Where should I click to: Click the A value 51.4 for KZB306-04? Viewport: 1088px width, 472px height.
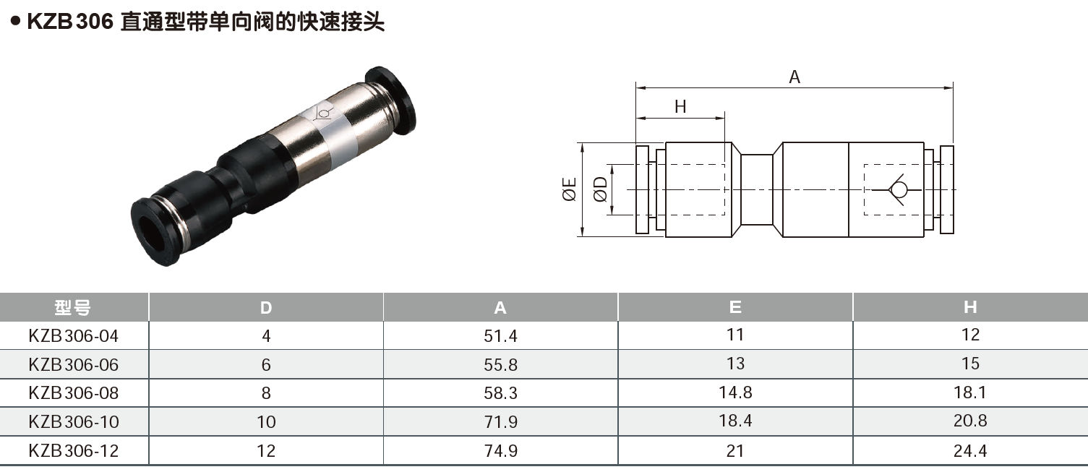(x=500, y=335)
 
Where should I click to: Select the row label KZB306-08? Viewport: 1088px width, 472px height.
(x=73, y=392)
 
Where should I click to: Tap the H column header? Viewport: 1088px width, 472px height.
(x=970, y=307)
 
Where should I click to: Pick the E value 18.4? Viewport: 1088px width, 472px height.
(x=735, y=421)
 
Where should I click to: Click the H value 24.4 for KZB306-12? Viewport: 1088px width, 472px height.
(x=970, y=451)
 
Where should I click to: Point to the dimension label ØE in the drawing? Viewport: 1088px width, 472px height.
(x=569, y=189)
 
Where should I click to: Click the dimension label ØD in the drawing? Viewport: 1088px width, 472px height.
(x=600, y=189)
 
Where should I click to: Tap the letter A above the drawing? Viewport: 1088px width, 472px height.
(x=794, y=77)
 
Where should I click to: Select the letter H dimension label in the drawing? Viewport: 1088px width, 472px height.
(x=680, y=107)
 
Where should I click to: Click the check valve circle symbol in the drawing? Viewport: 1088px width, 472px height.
(x=899, y=189)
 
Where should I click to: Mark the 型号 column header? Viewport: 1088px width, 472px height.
(x=73, y=307)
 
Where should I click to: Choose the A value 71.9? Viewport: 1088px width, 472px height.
(x=500, y=421)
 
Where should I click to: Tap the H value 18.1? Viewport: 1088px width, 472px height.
(x=970, y=392)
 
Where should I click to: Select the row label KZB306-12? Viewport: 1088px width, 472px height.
(x=73, y=451)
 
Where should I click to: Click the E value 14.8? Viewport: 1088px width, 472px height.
(x=735, y=392)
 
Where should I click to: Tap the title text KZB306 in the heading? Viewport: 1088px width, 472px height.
(x=70, y=22)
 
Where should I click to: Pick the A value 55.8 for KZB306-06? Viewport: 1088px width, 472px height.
(x=500, y=365)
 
